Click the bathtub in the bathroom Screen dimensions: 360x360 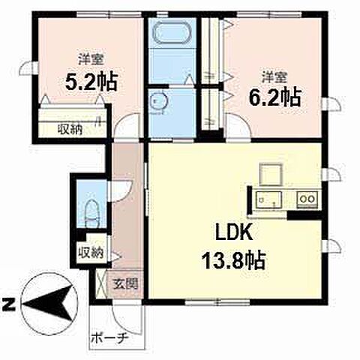click(x=172, y=33)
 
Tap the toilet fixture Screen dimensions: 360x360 click(x=92, y=214)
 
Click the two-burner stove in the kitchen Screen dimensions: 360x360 click(x=307, y=199)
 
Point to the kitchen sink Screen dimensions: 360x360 click(x=268, y=199)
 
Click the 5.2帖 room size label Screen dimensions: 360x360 click(x=91, y=82)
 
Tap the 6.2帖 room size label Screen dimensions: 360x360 click(x=274, y=97)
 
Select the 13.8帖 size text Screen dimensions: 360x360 click(x=233, y=260)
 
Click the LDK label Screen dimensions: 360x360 click(x=233, y=233)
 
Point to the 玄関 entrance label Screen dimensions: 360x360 click(x=125, y=284)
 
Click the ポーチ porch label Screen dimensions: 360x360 click(x=109, y=338)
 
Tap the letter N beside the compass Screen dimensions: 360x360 click(x=8, y=304)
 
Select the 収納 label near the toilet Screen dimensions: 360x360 click(x=91, y=253)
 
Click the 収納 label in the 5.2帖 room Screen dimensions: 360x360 click(x=70, y=130)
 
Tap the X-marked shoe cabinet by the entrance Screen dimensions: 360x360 click(x=101, y=284)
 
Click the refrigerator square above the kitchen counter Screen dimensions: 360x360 click(x=271, y=174)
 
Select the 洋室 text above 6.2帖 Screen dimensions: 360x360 click(x=274, y=78)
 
